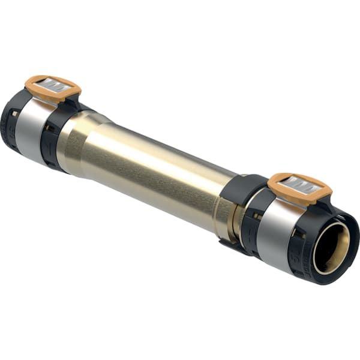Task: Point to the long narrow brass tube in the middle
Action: click(x=162, y=174)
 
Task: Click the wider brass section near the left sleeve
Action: click(x=75, y=141)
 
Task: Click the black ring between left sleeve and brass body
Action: click(x=53, y=135)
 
